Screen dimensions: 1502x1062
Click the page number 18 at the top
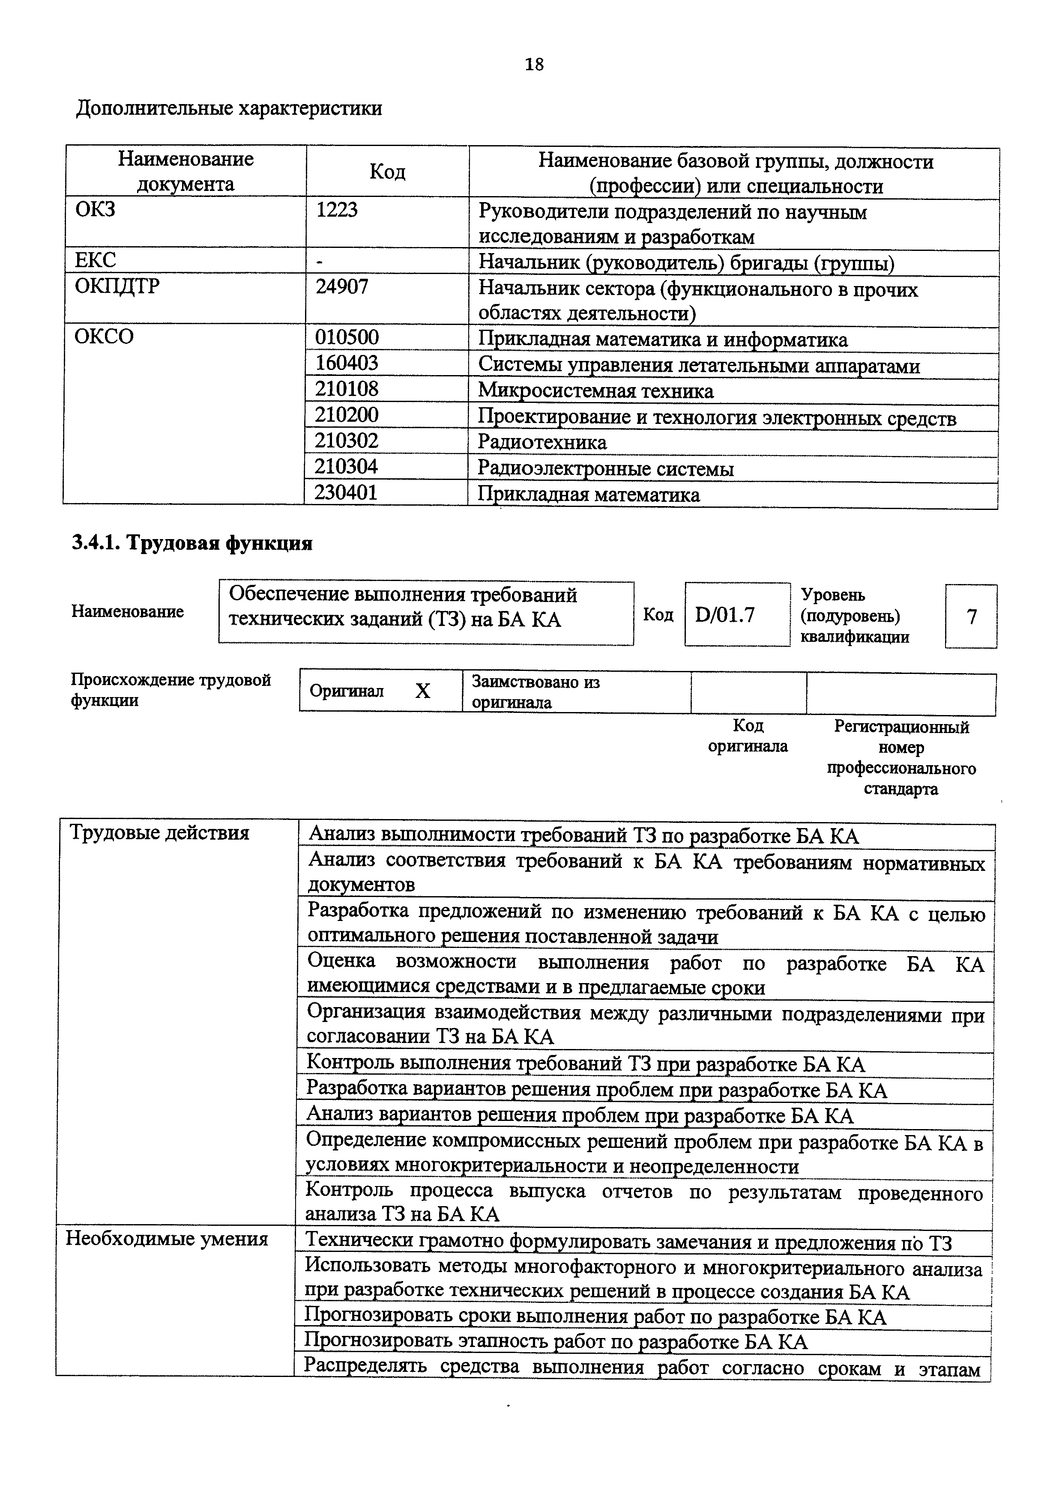pos(534,64)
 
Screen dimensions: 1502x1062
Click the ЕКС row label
pos(96,260)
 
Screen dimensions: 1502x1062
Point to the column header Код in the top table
pos(387,171)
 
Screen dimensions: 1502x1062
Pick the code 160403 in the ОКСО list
pos(347,363)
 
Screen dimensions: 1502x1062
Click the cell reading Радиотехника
pos(542,442)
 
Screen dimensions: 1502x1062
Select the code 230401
pos(346,492)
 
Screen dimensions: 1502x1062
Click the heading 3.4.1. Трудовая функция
pos(192,543)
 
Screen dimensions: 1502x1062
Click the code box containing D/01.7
pos(725,614)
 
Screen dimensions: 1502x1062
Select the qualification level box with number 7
pos(972,616)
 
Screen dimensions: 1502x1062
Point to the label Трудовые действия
pos(160,833)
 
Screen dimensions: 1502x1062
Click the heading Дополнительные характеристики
pos(229,108)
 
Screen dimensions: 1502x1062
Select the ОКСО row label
pos(104,337)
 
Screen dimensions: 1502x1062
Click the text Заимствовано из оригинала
pos(535,692)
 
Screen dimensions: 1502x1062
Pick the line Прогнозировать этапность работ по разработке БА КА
pos(556,1342)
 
